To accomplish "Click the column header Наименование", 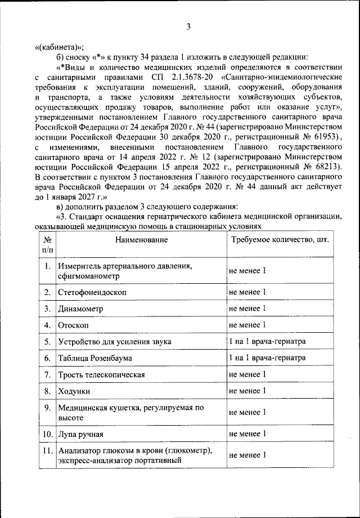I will click(142, 240).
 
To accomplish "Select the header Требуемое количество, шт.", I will click(280, 239).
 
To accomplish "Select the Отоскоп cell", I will click(73, 325).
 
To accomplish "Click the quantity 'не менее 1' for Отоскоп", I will click(247, 325).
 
